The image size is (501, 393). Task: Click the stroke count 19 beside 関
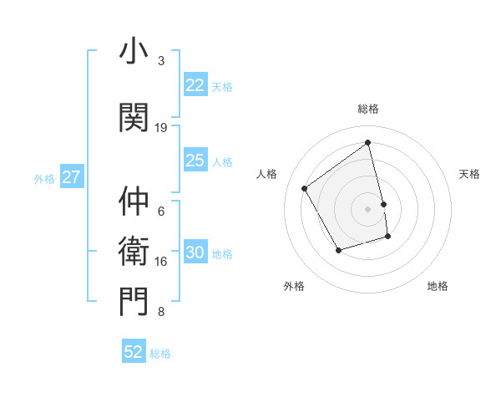tap(161, 128)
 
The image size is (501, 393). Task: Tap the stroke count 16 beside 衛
tap(161, 262)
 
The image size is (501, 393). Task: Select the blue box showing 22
tap(195, 85)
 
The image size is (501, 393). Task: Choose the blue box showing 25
tap(195, 161)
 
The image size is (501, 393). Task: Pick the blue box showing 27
tap(72, 177)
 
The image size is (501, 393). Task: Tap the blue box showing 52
tap(134, 352)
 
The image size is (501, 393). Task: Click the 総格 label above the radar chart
tap(368, 109)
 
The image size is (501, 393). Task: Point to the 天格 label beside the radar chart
tap(469, 174)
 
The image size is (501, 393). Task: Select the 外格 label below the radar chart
tap(294, 286)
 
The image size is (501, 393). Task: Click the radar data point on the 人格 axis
tap(305, 188)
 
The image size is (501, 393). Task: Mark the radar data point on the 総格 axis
tap(368, 143)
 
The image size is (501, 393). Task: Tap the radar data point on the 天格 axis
tap(383, 203)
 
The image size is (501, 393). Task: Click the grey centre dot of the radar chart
tap(368, 208)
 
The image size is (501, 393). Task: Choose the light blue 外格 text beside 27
tap(43, 178)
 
